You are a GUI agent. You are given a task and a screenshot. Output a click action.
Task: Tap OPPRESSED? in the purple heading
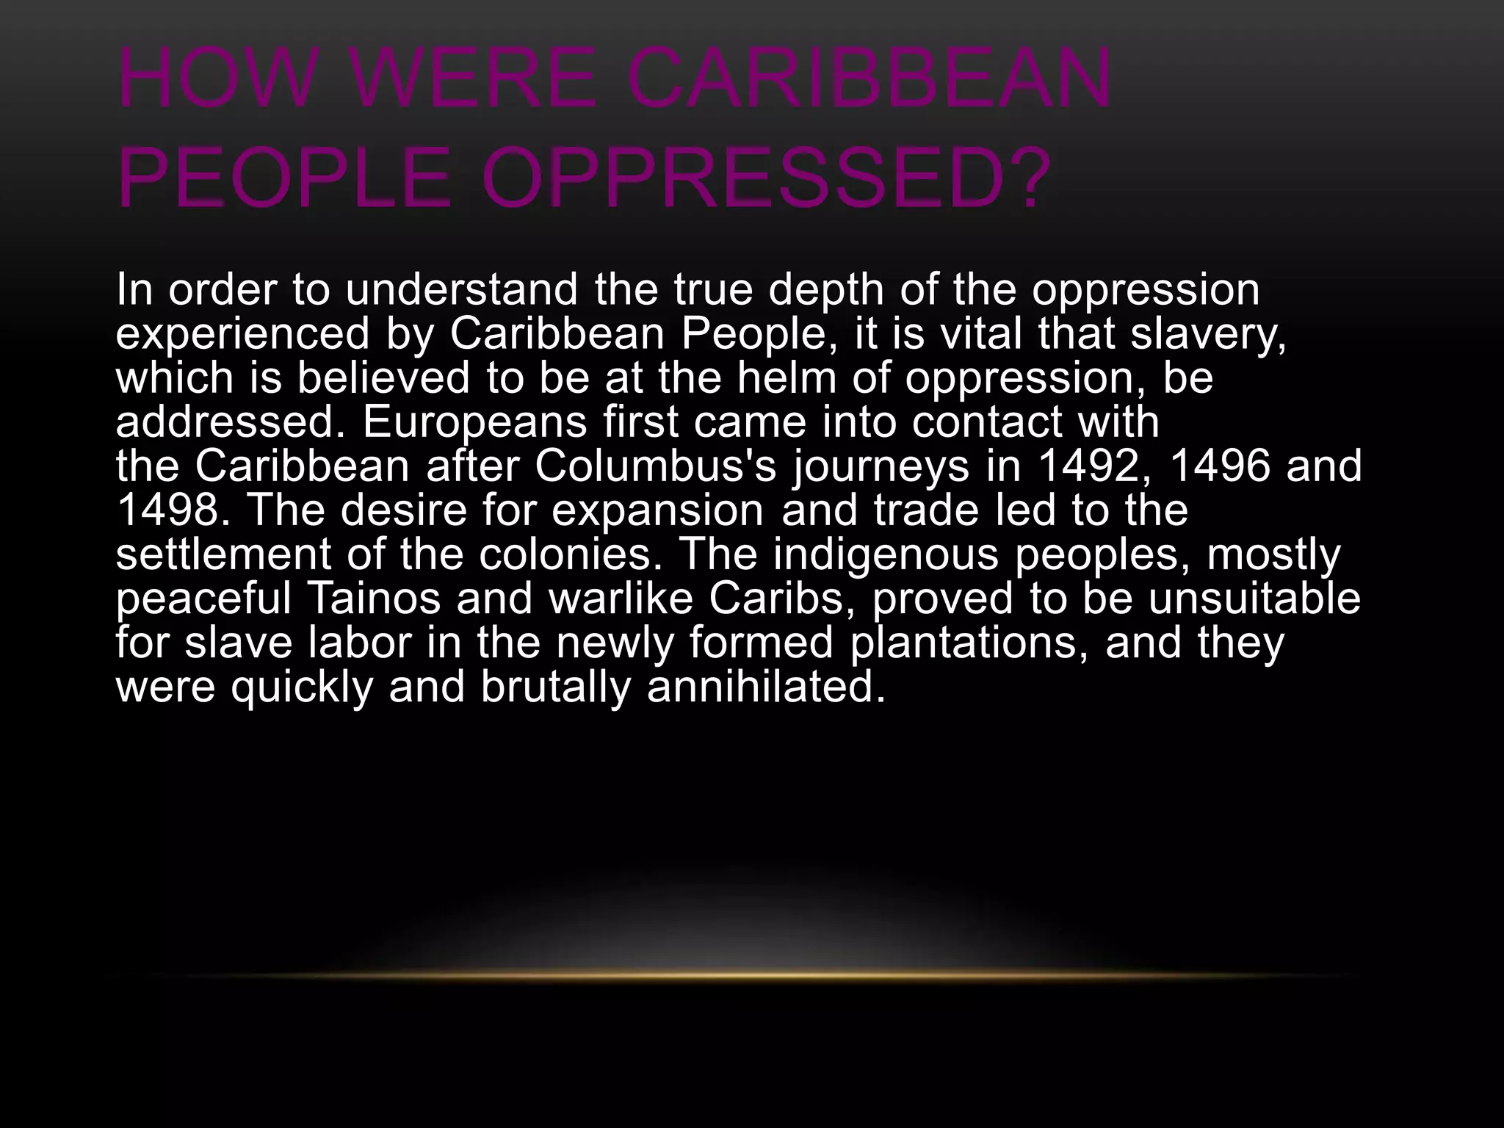pyautogui.click(x=764, y=177)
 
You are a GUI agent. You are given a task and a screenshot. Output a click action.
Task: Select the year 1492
pyautogui.click(x=1091, y=466)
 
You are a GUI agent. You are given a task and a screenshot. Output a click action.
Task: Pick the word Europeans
pyautogui.click(x=474, y=422)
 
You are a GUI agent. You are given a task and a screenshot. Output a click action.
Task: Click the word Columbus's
pyautogui.click(x=655, y=466)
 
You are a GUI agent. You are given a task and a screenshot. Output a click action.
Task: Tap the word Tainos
pyautogui.click(x=373, y=598)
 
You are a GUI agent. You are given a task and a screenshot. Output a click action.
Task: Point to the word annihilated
pyautogui.click(x=766, y=686)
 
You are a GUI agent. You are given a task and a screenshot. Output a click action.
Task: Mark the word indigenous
pyautogui.click(x=886, y=554)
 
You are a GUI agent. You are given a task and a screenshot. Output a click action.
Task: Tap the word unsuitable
pyautogui.click(x=1254, y=598)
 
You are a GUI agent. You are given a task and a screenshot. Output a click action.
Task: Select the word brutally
pyautogui.click(x=556, y=686)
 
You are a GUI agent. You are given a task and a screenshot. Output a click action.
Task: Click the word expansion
pyautogui.click(x=657, y=510)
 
